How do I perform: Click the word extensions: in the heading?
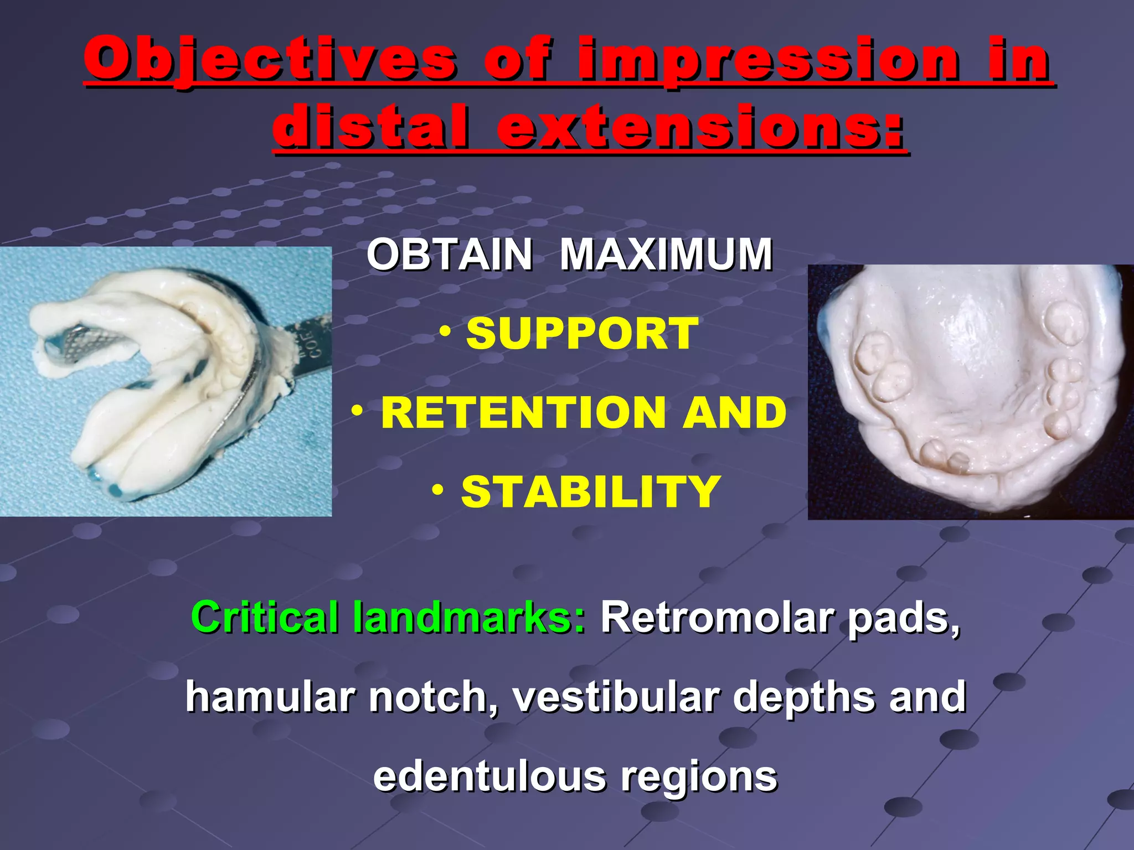point(700,127)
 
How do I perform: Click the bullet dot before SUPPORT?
point(445,331)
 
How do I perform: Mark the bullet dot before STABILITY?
point(439,490)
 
